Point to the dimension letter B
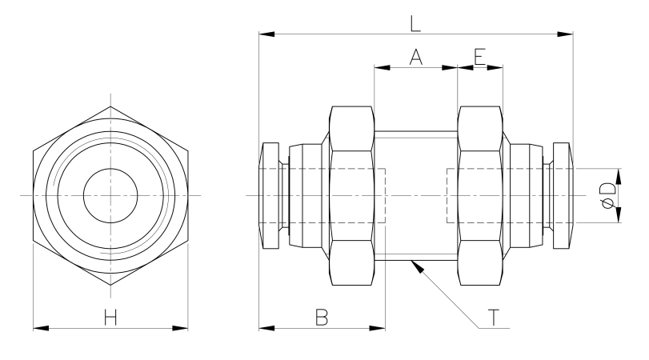point(322,317)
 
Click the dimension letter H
point(110,317)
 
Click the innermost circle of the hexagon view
point(110,196)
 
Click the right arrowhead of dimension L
point(571,34)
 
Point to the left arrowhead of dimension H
point(35,327)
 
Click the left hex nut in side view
point(352,196)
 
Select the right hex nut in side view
point(480,196)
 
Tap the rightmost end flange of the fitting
point(563,196)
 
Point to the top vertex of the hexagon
point(110,107)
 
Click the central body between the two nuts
point(415,196)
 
